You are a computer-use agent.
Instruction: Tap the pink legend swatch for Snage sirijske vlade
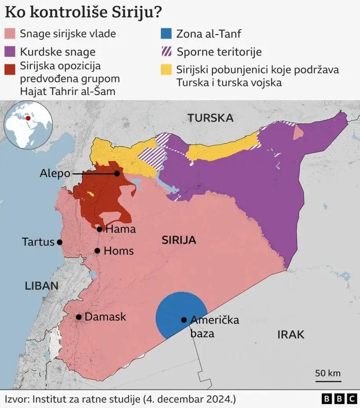[9, 34]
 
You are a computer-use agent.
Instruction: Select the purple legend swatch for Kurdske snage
[9, 51]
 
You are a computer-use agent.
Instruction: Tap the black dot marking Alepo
[117, 173]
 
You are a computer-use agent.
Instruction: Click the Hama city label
[120, 229]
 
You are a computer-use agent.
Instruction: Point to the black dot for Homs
[97, 251]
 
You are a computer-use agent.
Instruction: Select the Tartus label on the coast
[38, 242]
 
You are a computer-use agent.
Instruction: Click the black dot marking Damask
[79, 317]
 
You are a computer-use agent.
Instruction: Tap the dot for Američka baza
[184, 320]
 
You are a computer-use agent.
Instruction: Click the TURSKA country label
[211, 118]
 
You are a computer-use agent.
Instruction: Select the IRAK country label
[291, 335]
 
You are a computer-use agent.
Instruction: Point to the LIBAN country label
[42, 286]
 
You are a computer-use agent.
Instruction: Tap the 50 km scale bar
[328, 381]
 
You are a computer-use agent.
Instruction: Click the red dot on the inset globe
[28, 119]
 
